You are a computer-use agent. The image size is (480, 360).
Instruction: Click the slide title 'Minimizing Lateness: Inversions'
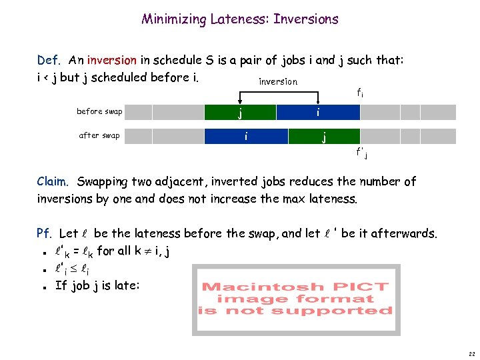click(240, 19)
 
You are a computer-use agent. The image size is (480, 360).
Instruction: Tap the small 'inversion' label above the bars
click(278, 81)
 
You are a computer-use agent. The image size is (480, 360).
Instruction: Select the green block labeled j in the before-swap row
click(240, 112)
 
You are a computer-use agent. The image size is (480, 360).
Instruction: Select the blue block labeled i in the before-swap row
click(319, 112)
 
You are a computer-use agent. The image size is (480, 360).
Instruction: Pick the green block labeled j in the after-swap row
click(324, 137)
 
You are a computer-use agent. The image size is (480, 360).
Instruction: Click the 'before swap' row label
click(99, 111)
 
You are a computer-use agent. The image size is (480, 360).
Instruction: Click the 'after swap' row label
click(99, 135)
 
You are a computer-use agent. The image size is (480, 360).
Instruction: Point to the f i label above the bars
click(359, 94)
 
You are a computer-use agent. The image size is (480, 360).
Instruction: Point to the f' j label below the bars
click(362, 154)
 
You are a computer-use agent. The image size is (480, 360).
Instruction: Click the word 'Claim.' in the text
click(53, 181)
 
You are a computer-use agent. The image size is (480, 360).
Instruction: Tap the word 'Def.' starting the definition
click(49, 61)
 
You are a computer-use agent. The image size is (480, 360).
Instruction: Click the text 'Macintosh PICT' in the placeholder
click(295, 287)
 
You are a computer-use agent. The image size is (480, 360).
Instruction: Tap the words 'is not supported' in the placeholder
click(295, 311)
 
